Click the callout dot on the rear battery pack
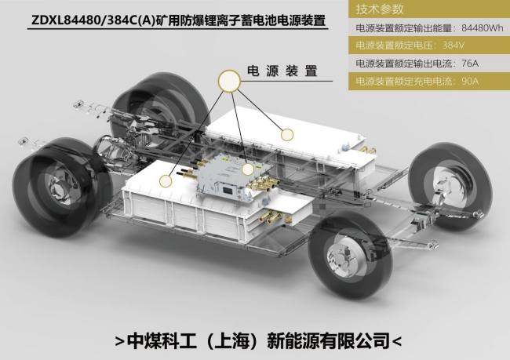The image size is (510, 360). pos(287,134)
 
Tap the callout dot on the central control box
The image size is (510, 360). pos(247,169)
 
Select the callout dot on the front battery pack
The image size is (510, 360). pos(166,181)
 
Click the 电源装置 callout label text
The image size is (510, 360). pos(282,71)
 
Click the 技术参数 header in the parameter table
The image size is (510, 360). pos(380,9)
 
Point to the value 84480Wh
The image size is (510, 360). pos(483,28)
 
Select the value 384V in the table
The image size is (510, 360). pos(454,45)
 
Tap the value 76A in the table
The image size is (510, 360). pos(470,63)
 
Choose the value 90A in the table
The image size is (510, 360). pos(470,81)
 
